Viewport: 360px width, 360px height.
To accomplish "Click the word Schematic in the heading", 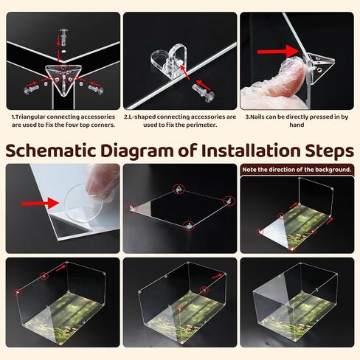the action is click(x=50, y=151).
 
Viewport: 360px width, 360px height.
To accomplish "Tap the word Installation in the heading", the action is click(x=251, y=150).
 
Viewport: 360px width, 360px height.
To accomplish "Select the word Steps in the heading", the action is click(x=330, y=152).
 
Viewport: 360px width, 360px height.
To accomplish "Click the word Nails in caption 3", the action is click(x=257, y=117).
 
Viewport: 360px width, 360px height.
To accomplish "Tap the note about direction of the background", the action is click(x=297, y=170).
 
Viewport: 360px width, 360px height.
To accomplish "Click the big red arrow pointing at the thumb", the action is click(x=278, y=52).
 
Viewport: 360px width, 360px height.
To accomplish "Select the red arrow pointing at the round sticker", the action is click(x=40, y=203).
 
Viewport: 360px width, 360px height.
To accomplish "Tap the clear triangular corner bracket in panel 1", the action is click(x=63, y=78).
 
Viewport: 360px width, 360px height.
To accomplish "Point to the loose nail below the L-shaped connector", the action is click(x=203, y=92).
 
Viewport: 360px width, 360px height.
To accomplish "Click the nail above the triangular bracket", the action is click(x=63, y=36).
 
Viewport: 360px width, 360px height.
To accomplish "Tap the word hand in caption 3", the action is click(x=297, y=125).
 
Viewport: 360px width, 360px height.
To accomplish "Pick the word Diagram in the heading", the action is click(x=137, y=152).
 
